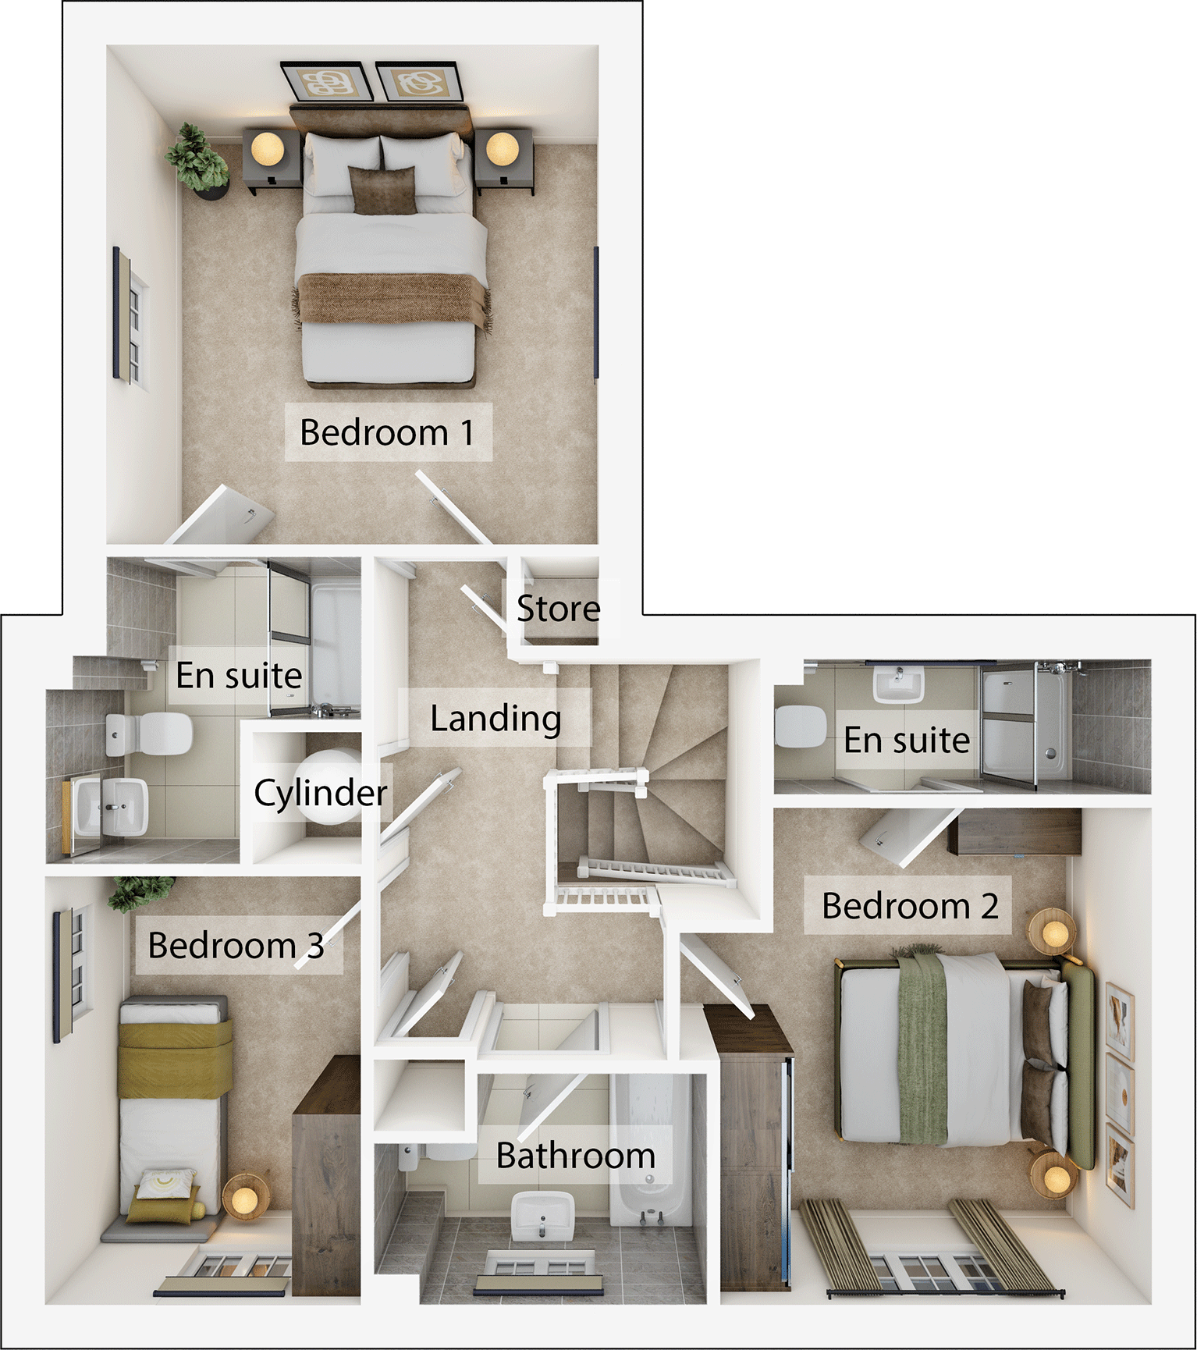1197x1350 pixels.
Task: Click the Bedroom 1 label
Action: point(387,432)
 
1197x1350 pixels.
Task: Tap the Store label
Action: point(558,609)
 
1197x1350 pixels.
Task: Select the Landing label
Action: point(495,718)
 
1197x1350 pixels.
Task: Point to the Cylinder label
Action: point(320,793)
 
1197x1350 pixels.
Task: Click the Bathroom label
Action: point(576,1156)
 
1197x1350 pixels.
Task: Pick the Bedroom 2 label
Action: point(910,906)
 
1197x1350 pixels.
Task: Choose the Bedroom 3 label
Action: point(236,946)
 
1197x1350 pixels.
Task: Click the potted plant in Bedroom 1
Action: point(197,161)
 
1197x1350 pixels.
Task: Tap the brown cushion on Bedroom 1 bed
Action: point(382,190)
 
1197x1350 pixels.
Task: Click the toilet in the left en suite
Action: point(148,734)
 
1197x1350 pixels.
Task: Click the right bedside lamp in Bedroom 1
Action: point(502,148)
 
